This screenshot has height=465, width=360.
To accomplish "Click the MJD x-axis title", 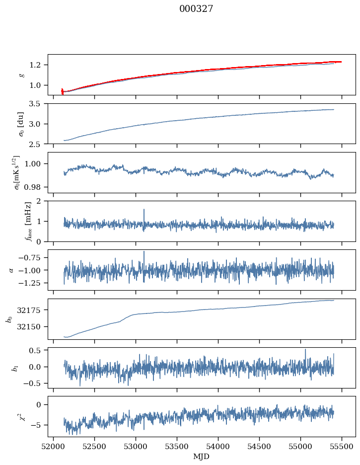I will click(202, 457).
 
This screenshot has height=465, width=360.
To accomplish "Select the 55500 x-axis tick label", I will click(342, 447).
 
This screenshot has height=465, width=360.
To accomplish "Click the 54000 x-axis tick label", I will click(218, 447).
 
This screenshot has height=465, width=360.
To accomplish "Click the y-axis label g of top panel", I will click(21, 75).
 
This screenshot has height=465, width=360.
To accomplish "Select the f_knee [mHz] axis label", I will click(14, 221).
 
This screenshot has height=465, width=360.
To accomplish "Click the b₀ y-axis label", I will click(8, 319).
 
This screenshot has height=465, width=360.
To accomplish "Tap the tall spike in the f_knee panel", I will click(144, 210).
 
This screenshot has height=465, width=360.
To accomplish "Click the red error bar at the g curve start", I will click(62, 91).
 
